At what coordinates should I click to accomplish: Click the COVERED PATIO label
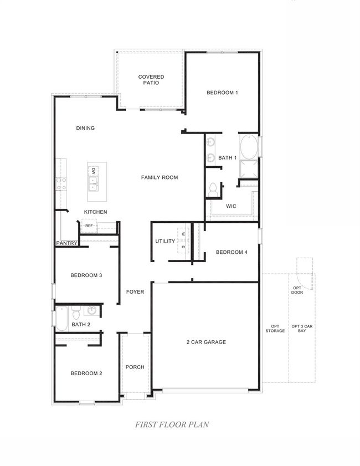tap(151, 80)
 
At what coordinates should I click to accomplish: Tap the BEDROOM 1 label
tap(222, 93)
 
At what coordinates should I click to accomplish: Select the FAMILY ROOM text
tap(159, 177)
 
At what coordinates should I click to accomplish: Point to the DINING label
tap(85, 128)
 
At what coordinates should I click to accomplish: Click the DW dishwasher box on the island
tap(94, 171)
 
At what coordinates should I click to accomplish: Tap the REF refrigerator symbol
tap(89, 226)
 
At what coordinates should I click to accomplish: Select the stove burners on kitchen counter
tap(60, 183)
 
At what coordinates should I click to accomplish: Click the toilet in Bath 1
tap(212, 190)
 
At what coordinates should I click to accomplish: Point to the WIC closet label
tap(231, 206)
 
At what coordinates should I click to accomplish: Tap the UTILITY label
tap(165, 241)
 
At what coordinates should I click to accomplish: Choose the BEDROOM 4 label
tap(232, 253)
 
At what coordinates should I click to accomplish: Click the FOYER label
tap(135, 291)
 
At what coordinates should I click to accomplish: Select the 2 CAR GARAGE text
tap(206, 342)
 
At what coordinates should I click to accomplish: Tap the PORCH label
tap(135, 367)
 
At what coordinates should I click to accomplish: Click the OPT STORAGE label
tap(275, 329)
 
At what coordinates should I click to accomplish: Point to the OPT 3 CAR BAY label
tap(302, 329)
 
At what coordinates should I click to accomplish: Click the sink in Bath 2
tap(92, 310)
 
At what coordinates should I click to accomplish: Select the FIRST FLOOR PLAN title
tap(172, 425)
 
